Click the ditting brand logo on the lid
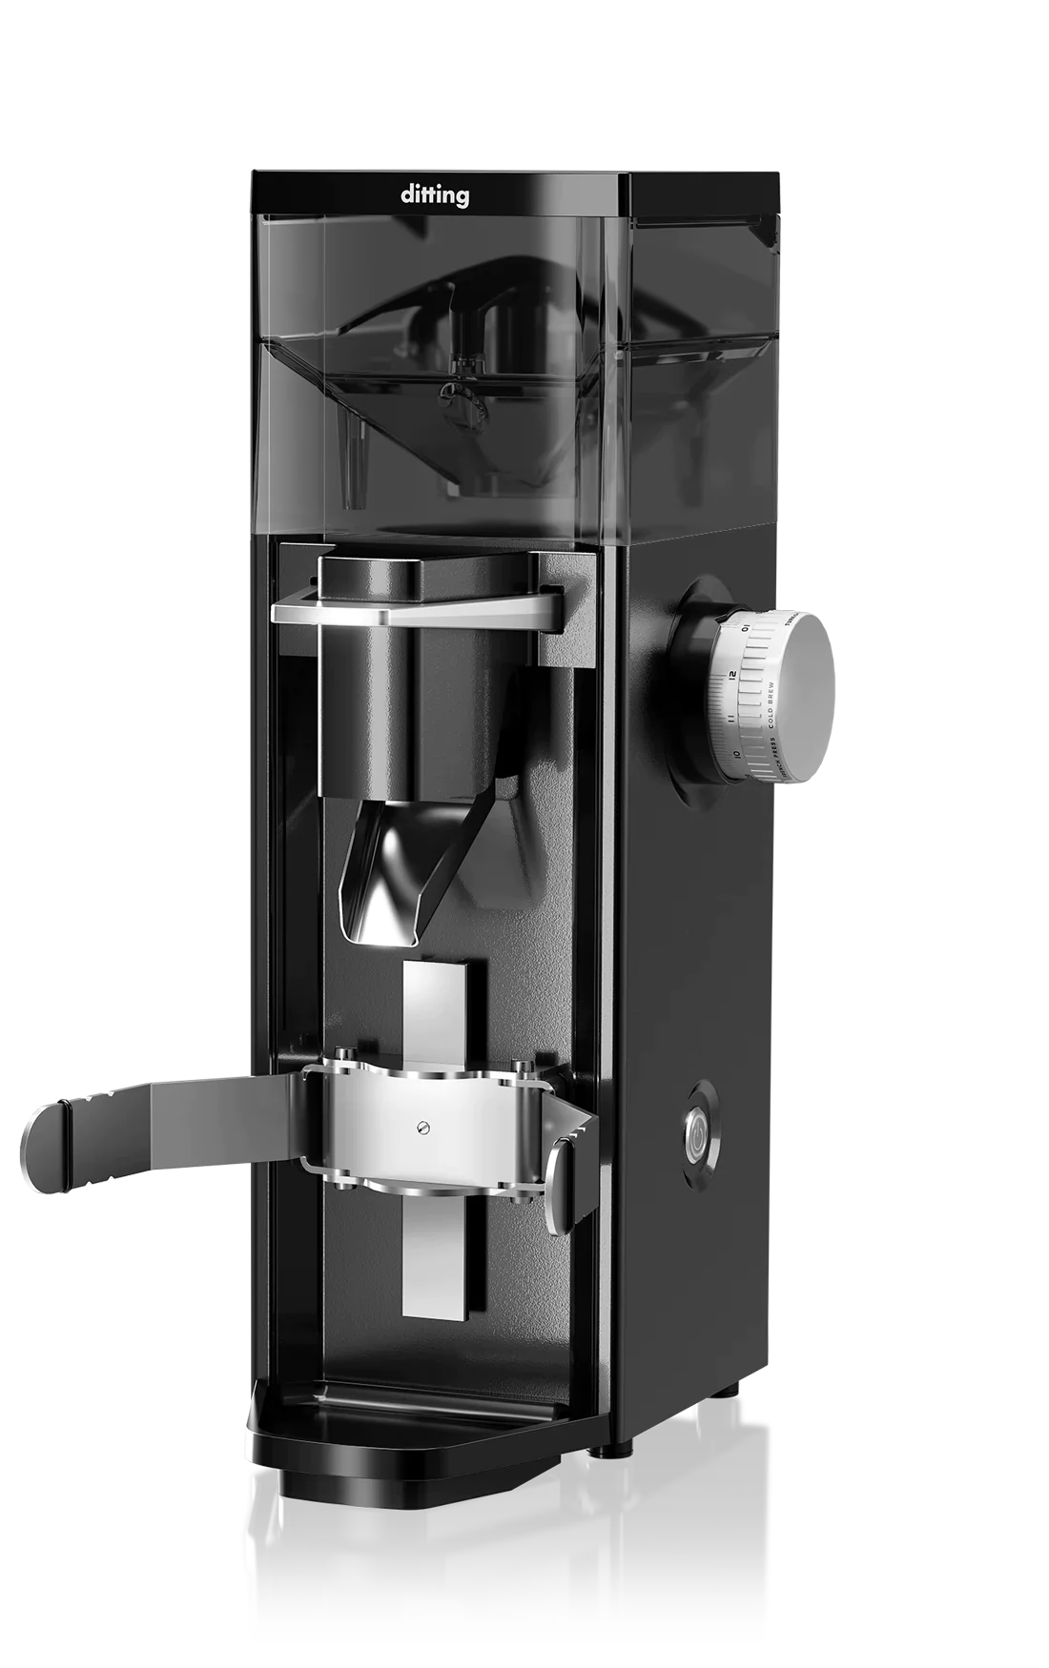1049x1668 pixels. point(434,196)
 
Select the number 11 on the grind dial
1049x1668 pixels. point(730,718)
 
